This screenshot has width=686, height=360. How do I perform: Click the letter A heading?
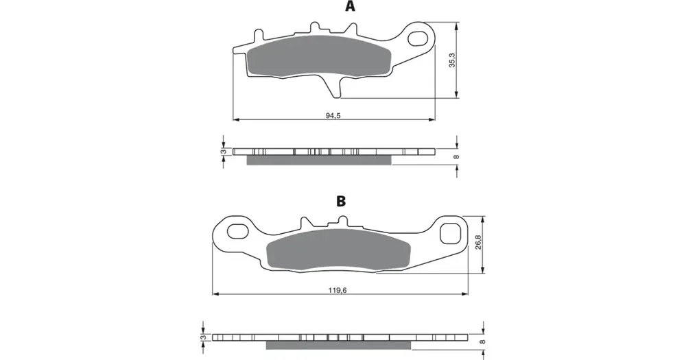tap(350, 6)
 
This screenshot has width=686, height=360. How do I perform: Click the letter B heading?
tap(341, 201)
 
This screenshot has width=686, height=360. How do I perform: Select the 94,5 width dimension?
tap(333, 115)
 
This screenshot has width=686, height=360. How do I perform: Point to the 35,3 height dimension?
tap(452, 60)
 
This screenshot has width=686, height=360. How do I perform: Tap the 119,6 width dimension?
tap(338, 290)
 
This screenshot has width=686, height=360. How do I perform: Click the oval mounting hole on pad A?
tap(418, 38)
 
